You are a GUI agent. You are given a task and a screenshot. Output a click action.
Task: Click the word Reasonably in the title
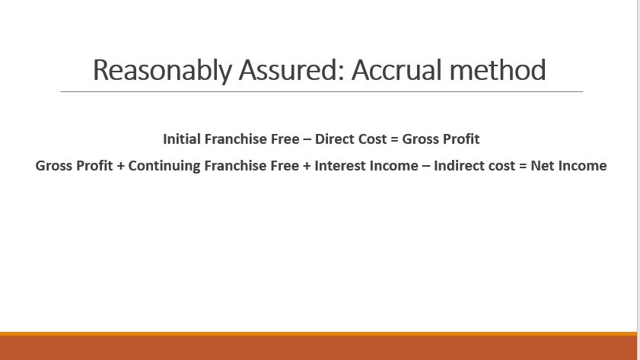click(162, 71)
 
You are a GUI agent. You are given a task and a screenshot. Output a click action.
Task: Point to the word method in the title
click(498, 70)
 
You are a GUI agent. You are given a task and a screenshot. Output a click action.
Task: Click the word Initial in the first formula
click(182, 139)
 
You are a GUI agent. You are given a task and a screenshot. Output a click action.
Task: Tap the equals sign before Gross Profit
click(394, 140)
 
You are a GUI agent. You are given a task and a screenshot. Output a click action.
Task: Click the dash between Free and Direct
click(307, 140)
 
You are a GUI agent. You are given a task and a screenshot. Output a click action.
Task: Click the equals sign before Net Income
click(523, 167)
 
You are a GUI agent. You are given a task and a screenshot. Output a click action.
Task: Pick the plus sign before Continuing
click(120, 167)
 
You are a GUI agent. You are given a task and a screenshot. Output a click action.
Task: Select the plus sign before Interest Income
click(307, 167)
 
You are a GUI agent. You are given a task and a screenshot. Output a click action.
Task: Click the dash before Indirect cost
click(426, 167)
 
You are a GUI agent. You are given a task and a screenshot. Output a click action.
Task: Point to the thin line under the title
click(322, 92)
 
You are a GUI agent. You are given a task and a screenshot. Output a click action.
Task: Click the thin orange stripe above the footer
click(318, 334)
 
